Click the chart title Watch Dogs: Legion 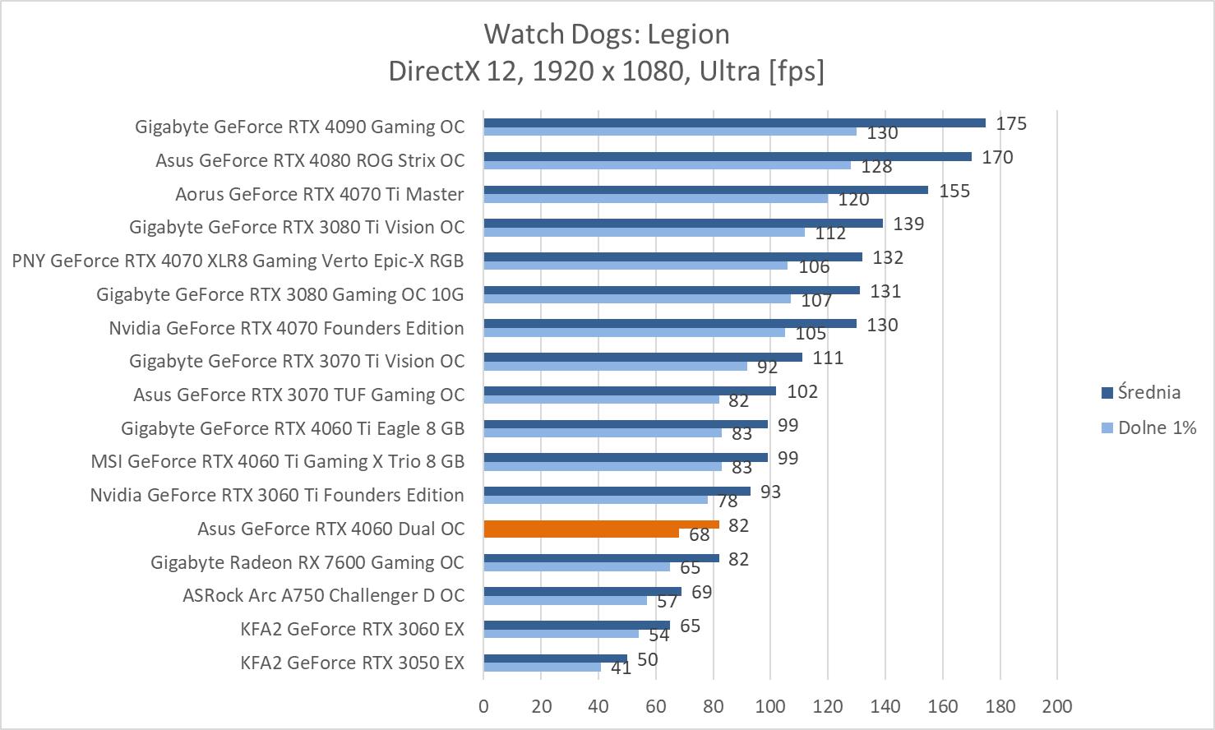[x=607, y=34]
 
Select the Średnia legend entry [x=1148, y=392]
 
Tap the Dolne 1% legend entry [x=1156, y=427]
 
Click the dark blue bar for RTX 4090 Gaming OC [x=734, y=123]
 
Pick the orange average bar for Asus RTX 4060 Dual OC [x=601, y=524]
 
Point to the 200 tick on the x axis [x=1056, y=706]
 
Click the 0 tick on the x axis [x=483, y=706]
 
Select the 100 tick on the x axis [x=769, y=706]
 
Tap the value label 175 [x=1011, y=123]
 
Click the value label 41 [x=621, y=668]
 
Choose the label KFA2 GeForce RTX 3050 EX [x=352, y=663]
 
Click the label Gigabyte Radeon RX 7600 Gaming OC [x=307, y=562]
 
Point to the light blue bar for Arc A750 [x=565, y=600]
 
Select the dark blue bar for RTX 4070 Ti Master [x=705, y=190]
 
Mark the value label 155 [x=954, y=191]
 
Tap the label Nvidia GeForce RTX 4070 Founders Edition [x=286, y=328]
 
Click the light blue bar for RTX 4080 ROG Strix [x=667, y=165]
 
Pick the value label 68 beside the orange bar [x=699, y=535]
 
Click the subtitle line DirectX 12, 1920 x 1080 [x=607, y=72]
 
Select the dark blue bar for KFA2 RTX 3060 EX [x=576, y=626]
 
